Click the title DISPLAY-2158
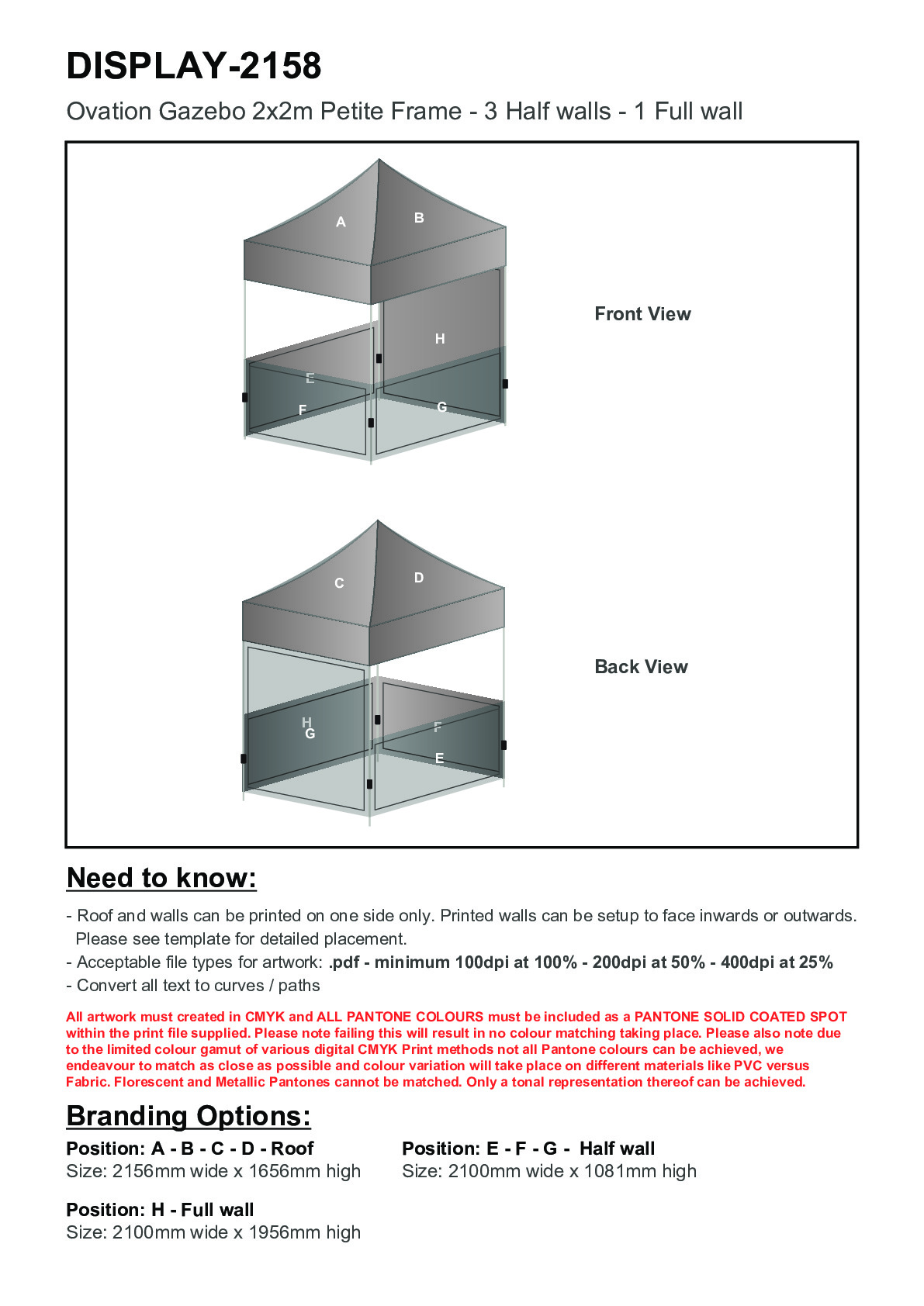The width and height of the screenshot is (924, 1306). tap(194, 66)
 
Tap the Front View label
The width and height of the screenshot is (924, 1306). tap(642, 314)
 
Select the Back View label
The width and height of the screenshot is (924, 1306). tap(641, 667)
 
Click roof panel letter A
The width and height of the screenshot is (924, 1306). tap(341, 223)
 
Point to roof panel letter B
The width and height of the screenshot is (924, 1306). tap(419, 218)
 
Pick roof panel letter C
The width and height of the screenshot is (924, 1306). tap(339, 583)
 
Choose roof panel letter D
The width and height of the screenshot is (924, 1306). tap(419, 578)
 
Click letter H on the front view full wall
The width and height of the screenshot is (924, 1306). tap(440, 339)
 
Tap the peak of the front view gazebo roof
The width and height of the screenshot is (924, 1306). tap(379, 161)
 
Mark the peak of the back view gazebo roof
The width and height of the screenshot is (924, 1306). tap(378, 521)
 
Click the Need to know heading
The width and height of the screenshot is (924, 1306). tap(161, 878)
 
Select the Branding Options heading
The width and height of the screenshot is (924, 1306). tap(189, 1116)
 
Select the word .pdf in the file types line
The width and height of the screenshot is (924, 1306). tap(344, 962)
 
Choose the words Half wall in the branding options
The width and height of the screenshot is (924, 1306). tap(617, 1149)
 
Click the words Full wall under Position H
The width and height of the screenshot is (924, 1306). tap(217, 1210)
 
